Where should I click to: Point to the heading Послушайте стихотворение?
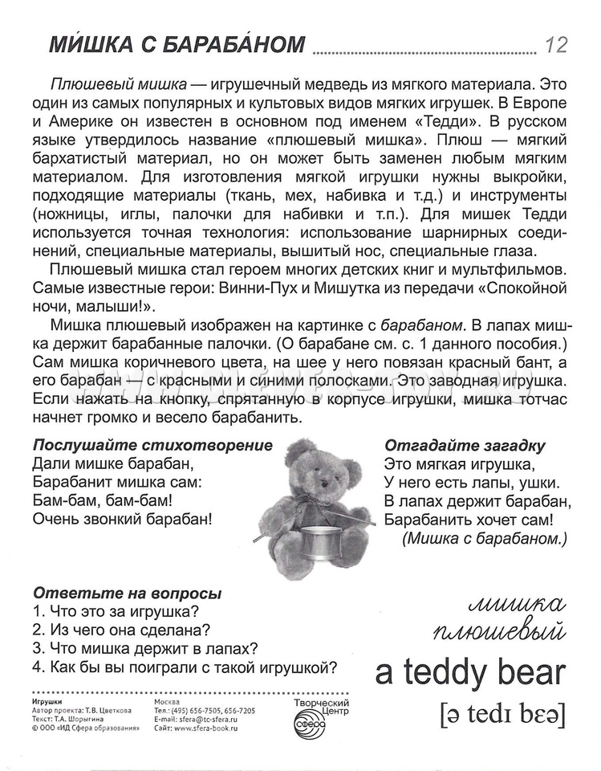coord(152,446)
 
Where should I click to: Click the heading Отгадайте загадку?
coord(465,446)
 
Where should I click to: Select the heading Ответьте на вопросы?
coord(128,594)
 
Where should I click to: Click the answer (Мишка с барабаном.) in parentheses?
coord(485,537)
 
